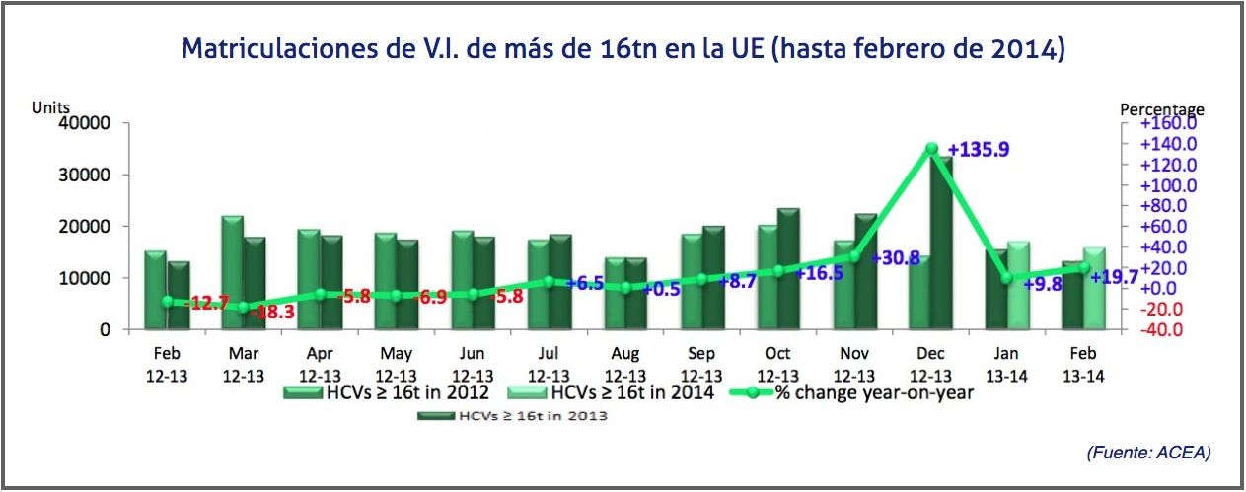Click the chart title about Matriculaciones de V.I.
(623, 49)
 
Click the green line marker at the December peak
(931, 149)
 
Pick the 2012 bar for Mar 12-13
(232, 274)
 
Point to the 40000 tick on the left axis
(90, 123)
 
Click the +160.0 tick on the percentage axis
(1167, 124)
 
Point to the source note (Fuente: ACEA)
(1148, 452)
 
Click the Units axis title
(50, 106)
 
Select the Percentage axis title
(1162, 109)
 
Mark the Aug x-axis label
(625, 354)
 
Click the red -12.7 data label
(208, 304)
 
